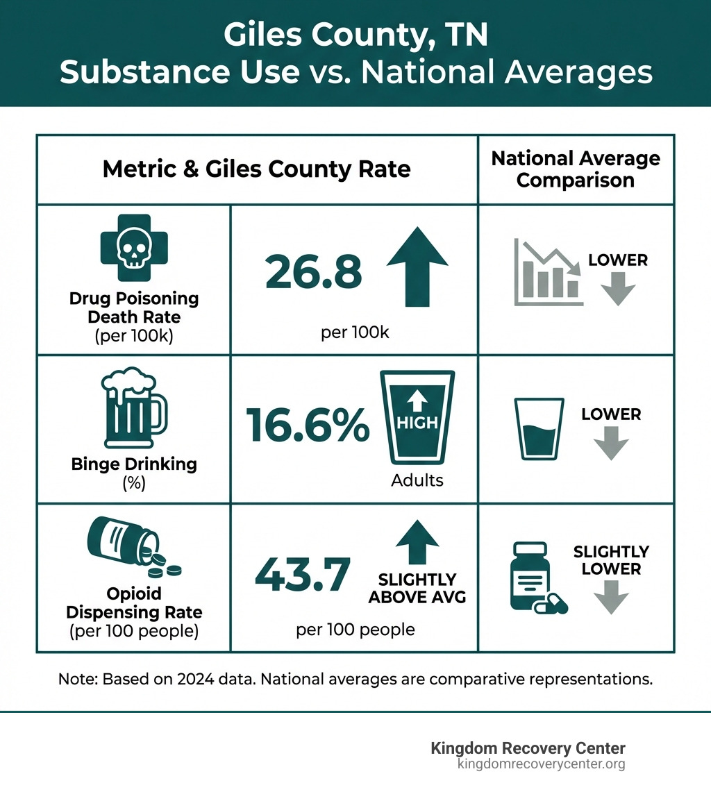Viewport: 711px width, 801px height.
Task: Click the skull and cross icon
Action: pos(133,252)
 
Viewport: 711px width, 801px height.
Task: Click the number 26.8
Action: pos(314,272)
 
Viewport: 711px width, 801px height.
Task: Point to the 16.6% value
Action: pos(308,425)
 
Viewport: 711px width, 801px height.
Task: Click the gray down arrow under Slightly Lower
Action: pos(611,598)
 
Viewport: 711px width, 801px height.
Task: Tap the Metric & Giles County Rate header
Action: pos(256,169)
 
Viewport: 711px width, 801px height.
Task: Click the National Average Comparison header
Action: pos(576,169)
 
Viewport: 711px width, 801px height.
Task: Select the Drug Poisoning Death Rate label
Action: pos(134,307)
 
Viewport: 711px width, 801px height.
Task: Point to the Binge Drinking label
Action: pos(134,464)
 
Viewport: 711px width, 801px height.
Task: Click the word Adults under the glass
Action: pos(417,480)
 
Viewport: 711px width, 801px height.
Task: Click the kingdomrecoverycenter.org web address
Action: pos(541,764)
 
